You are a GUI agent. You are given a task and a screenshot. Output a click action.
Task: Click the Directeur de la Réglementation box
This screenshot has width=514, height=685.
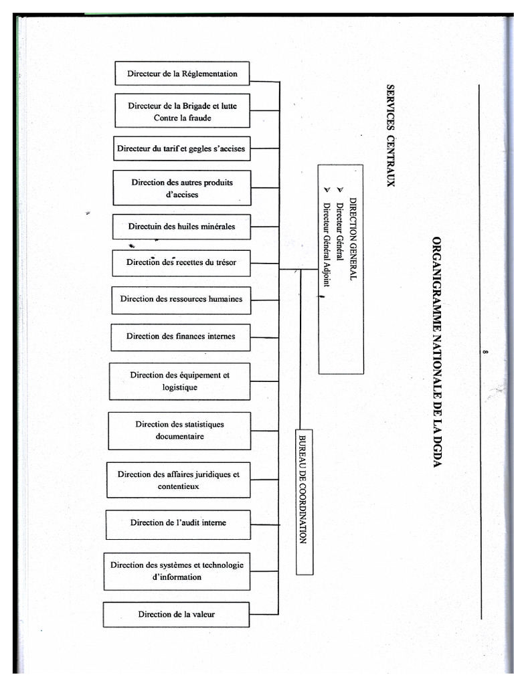(182, 74)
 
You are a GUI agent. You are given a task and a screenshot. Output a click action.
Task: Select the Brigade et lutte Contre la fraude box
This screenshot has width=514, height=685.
(182, 111)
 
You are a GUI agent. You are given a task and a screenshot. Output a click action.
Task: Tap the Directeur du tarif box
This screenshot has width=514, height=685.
(181, 149)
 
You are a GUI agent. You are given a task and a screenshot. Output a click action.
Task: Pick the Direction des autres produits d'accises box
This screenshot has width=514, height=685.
(182, 188)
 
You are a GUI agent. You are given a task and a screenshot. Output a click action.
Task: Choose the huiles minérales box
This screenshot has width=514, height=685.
(182, 227)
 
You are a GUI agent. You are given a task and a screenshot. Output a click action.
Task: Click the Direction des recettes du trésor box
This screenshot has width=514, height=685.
(181, 263)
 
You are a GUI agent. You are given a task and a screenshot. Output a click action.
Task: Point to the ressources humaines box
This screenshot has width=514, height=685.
(181, 300)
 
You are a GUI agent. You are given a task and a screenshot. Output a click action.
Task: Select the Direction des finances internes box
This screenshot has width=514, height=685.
(181, 336)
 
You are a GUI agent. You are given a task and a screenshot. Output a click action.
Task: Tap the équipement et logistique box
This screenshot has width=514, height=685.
(180, 381)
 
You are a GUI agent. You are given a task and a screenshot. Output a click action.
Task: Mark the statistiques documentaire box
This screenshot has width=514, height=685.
(179, 431)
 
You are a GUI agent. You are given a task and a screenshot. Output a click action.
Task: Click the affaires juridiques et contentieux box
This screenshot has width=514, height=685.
(179, 480)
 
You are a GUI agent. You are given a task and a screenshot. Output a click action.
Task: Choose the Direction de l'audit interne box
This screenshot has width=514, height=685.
(178, 524)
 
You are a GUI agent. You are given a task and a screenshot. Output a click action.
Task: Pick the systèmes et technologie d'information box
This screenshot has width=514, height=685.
(177, 571)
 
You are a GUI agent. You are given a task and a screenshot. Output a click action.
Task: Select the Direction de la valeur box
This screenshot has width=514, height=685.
(177, 615)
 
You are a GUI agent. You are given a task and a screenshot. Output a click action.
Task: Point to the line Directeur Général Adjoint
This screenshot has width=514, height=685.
(327, 245)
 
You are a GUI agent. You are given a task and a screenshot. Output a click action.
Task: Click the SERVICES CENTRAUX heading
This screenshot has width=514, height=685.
(391, 136)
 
